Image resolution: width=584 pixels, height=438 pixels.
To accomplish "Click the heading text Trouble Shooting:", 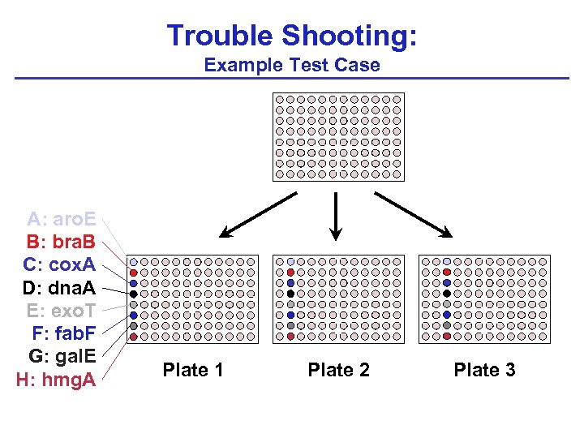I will [292, 36].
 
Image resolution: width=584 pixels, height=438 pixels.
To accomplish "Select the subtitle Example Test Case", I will [292, 65].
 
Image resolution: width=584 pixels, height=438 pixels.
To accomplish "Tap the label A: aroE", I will [62, 219].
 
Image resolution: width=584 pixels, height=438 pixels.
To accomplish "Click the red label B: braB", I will [61, 242].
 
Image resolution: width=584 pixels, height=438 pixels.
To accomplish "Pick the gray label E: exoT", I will [61, 311].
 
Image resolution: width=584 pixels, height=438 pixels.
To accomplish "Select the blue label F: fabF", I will [63, 333].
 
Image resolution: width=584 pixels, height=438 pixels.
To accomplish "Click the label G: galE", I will [62, 356].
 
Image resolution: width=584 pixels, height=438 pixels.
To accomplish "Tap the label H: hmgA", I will [56, 380].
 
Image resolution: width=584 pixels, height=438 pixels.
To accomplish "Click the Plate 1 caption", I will [193, 371].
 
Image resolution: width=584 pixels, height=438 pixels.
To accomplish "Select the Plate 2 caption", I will [338, 371].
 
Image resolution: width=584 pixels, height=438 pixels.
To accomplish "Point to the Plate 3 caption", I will [484, 371].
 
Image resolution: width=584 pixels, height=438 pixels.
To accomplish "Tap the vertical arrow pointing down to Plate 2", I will [336, 216].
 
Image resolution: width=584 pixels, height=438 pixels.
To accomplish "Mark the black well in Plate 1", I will [134, 294].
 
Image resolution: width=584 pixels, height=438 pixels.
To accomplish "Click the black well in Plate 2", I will [290, 294].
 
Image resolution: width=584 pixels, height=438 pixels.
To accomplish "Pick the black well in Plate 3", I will [447, 294].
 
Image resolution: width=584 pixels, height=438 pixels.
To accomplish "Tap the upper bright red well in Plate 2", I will [290, 273].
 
